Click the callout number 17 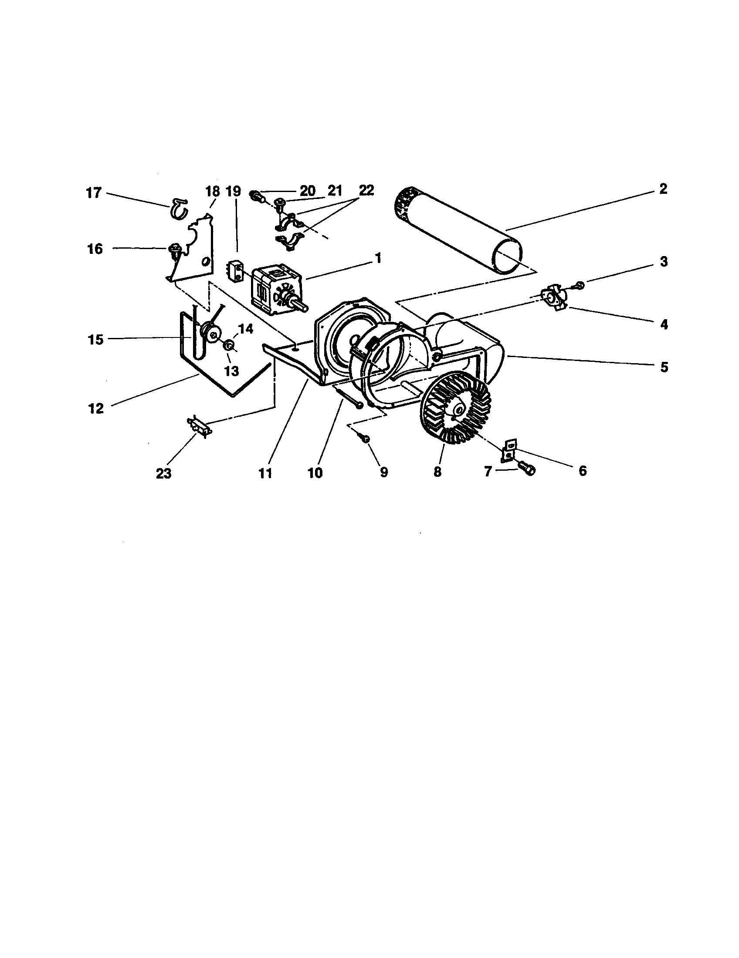pos(94,193)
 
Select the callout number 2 pos(663,189)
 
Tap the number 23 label pos(164,474)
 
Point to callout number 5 pos(664,367)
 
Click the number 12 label pos(96,408)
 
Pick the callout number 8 pos(437,472)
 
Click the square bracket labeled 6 pos(508,451)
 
